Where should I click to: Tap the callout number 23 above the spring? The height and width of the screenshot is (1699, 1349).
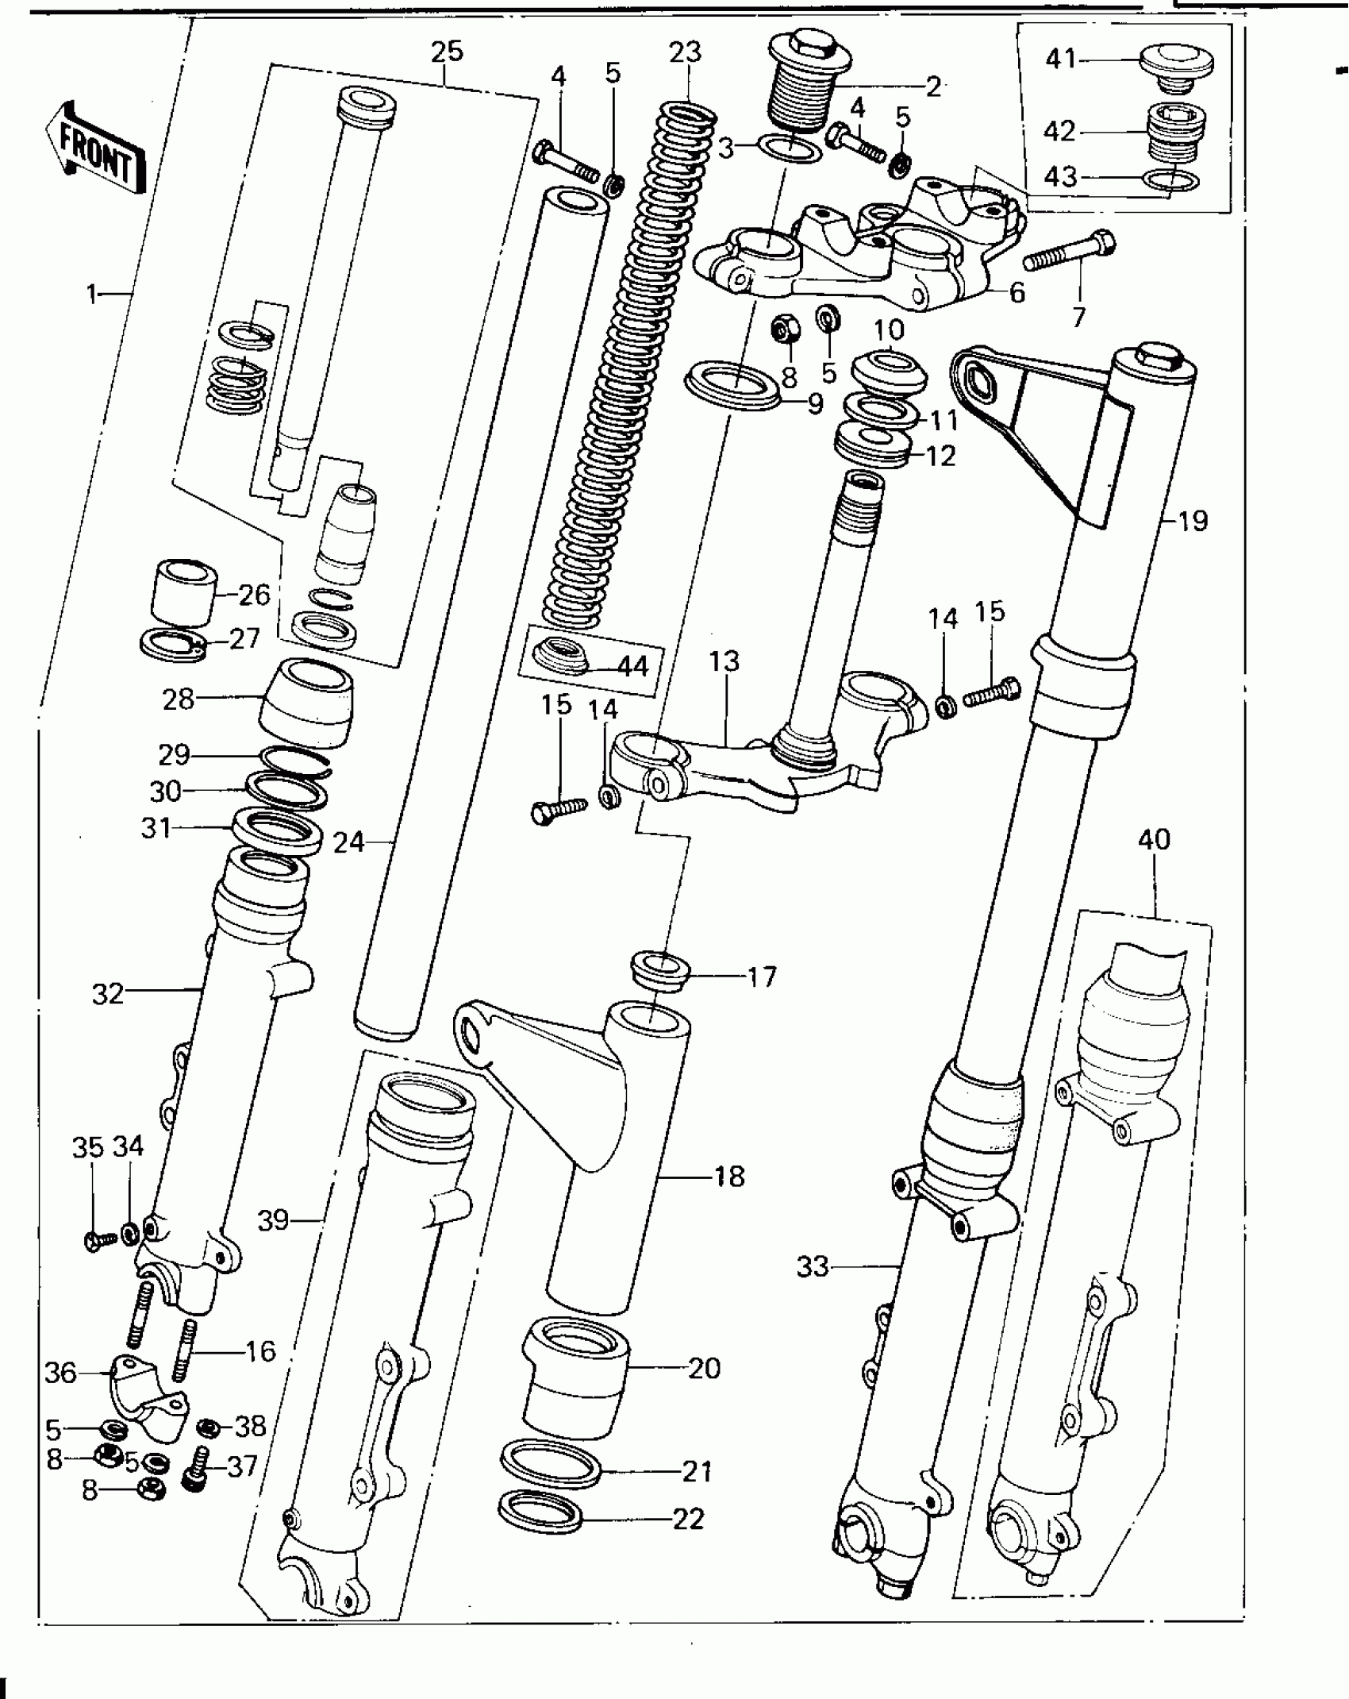[685, 52]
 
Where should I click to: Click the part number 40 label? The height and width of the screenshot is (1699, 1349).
[1154, 839]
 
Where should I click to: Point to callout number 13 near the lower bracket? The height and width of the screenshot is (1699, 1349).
[724, 661]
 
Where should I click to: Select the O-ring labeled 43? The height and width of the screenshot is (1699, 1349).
[1170, 181]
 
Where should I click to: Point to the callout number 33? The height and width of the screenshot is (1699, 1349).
[812, 1266]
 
